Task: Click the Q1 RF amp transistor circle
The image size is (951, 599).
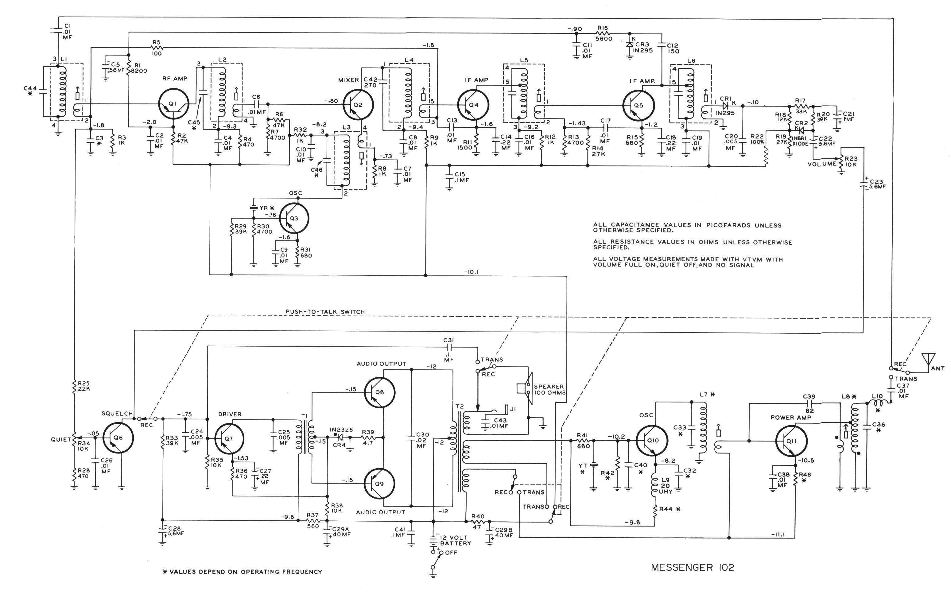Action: click(x=174, y=104)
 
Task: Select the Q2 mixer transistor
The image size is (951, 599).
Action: click(x=358, y=105)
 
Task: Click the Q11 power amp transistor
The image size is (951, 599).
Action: click(x=791, y=440)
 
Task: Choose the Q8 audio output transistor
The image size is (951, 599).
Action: click(x=379, y=392)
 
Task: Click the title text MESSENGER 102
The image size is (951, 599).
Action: click(x=692, y=568)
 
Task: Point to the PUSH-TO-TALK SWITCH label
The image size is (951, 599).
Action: click(x=325, y=312)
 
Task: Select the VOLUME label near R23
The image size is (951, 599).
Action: click(x=822, y=164)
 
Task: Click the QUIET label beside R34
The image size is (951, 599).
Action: click(x=61, y=439)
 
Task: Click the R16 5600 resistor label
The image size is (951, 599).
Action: click(x=604, y=33)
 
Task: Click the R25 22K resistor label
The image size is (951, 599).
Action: click(x=84, y=386)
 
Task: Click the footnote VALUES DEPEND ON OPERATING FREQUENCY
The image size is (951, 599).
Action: click(x=243, y=572)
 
